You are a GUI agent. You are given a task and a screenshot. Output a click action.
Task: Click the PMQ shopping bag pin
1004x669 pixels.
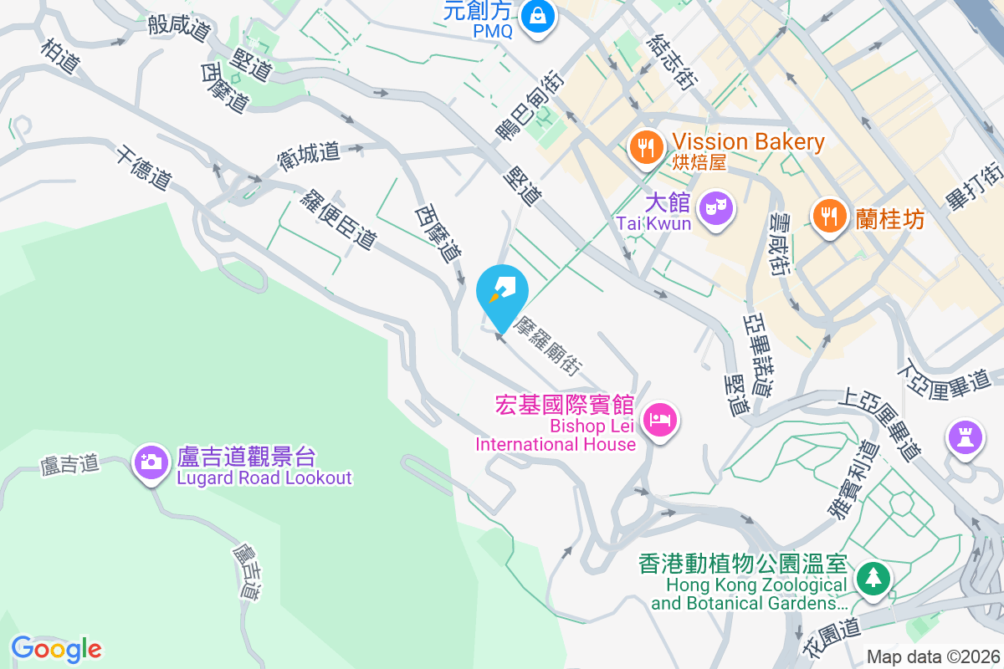tap(537, 16)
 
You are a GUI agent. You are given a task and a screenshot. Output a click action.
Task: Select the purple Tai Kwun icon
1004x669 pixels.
tap(716, 206)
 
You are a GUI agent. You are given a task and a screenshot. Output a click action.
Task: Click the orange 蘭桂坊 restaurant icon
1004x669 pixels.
tap(828, 217)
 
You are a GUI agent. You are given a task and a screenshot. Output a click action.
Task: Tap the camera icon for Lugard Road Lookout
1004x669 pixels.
tap(151, 461)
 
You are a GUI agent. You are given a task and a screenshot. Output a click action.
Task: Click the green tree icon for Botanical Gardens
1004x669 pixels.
tap(873, 577)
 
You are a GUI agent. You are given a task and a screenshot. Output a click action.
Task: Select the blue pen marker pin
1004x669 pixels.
tap(502, 291)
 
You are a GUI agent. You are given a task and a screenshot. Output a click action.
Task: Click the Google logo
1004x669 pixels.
tap(56, 648)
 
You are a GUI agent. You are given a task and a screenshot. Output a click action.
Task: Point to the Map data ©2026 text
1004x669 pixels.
tap(932, 656)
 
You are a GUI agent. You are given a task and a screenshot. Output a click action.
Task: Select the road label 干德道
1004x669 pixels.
tap(144, 166)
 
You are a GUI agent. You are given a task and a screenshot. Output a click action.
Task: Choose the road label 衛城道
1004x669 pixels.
tap(309, 154)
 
